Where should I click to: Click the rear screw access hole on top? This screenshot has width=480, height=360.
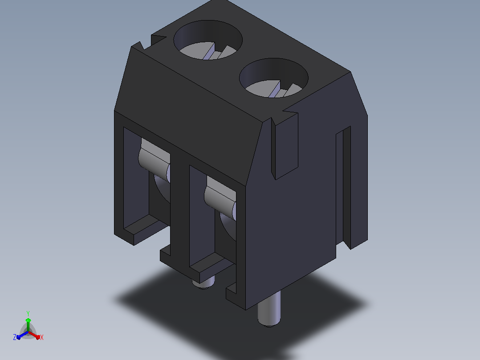point(208,40)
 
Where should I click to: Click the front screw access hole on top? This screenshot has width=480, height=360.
point(274,78)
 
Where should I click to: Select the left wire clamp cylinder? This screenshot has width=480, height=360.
point(154,161)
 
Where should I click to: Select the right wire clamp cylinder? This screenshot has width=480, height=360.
point(220,199)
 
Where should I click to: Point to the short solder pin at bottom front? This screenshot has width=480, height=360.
point(203,282)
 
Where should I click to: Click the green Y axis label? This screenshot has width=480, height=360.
point(28,313)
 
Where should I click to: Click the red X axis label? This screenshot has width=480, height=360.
point(42,337)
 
